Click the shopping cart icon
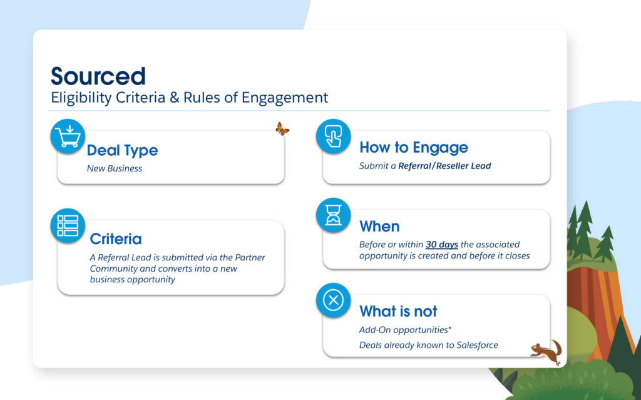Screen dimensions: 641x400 pyautogui.click(x=68, y=136)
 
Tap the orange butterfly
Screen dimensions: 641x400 pyautogui.click(x=282, y=129)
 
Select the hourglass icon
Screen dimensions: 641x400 pyautogui.click(x=333, y=215)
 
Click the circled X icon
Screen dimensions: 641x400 pyautogui.click(x=333, y=300)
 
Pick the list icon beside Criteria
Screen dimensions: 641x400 pyautogui.click(x=68, y=226)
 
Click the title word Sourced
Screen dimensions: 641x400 pyautogui.click(x=98, y=76)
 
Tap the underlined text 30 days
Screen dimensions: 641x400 pyautogui.click(x=441, y=245)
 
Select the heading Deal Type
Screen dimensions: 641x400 pyautogui.click(x=122, y=150)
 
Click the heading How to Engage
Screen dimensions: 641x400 pyautogui.click(x=414, y=147)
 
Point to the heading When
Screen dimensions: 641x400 pyautogui.click(x=379, y=226)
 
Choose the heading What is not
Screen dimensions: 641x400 pyautogui.click(x=398, y=311)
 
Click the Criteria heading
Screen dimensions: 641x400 pyautogui.click(x=116, y=239)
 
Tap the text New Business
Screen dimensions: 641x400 pyautogui.click(x=115, y=168)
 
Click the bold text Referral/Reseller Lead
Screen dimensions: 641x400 pyautogui.click(x=445, y=166)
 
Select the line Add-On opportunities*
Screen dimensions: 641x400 pyautogui.click(x=405, y=330)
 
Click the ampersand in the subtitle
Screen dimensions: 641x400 pyautogui.click(x=175, y=98)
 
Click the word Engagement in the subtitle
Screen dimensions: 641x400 pyautogui.click(x=285, y=98)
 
